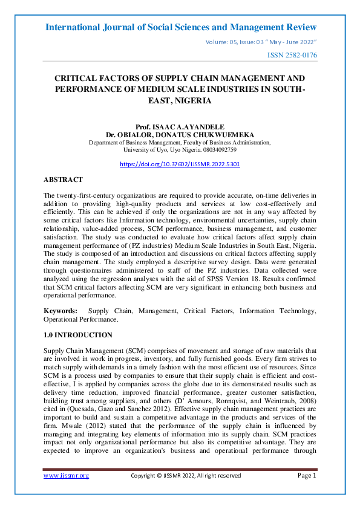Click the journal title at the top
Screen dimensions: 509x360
180,27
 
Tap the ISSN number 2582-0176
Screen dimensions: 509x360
292,56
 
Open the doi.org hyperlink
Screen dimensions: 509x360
180,164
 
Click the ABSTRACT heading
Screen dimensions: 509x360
63,180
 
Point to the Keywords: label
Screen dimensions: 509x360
61,310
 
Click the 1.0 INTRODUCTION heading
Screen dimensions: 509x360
78,335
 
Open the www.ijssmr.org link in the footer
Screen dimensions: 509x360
67,476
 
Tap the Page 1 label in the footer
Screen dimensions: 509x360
307,476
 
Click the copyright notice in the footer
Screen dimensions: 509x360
186,476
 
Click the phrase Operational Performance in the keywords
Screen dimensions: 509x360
80,319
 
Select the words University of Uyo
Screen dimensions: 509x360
143,149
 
